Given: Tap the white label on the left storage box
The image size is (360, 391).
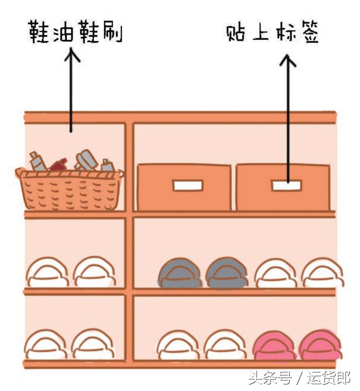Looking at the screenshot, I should click(187, 186).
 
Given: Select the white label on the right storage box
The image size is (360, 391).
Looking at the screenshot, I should click(285, 186).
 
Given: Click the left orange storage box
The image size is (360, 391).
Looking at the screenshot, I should click(184, 188).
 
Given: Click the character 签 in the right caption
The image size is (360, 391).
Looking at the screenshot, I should click(309, 33).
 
